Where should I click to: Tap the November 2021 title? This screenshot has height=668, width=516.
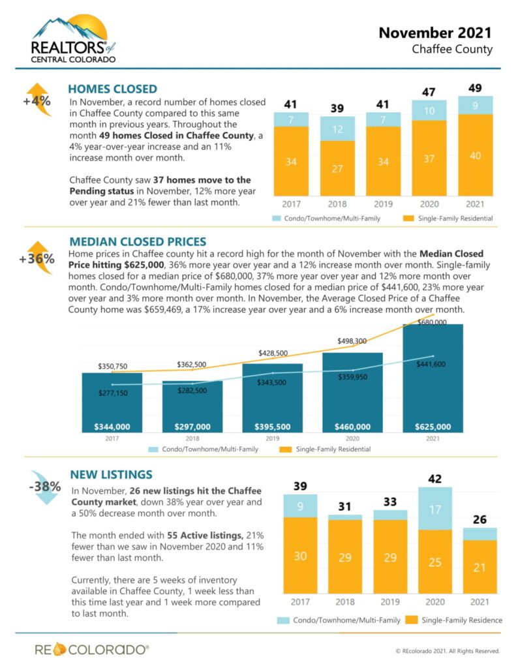click(435, 32)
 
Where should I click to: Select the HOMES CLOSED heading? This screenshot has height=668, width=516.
click(112, 89)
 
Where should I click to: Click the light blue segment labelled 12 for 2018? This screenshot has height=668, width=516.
click(337, 129)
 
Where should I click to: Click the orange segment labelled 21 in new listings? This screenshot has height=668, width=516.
click(479, 567)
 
